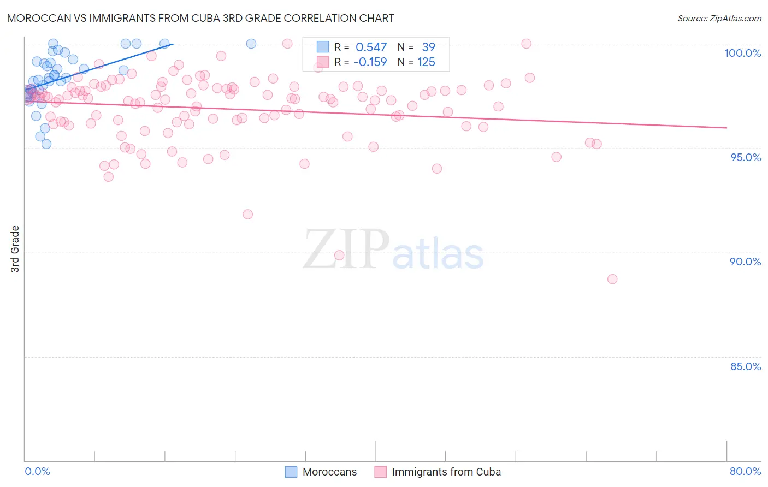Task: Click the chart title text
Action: pos(200,18)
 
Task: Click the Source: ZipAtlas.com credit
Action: pos(719,18)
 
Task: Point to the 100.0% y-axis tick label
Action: pos(742,53)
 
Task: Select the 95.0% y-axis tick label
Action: pos(745,157)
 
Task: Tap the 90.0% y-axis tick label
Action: pos(745,262)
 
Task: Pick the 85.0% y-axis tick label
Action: pos(745,366)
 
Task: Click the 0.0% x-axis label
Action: pos(37,471)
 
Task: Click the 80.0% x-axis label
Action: pos(745,471)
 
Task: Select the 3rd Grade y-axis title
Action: pos(15,249)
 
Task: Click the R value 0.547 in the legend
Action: pos(371,47)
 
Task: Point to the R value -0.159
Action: pos(370,62)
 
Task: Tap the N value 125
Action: pos(426,62)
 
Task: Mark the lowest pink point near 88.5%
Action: pos(612,279)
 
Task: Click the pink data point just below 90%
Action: pos(339,255)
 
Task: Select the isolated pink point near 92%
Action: pos(248,214)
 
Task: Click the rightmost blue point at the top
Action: pos(251,44)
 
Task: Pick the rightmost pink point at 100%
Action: pos(527,44)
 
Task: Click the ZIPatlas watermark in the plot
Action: pos(393,250)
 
